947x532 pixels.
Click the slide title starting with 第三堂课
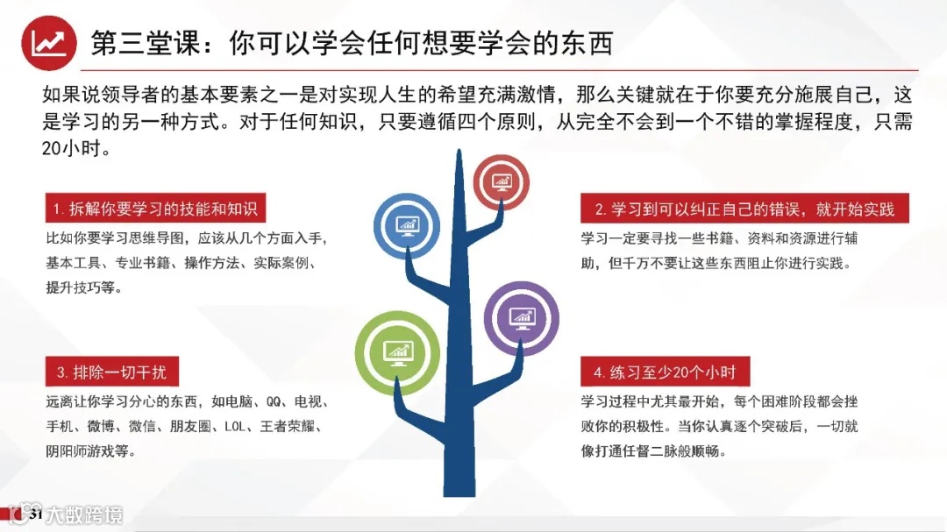351,43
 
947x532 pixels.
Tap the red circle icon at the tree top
502,182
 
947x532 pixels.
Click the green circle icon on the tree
396,348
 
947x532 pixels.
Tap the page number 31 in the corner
36,514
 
